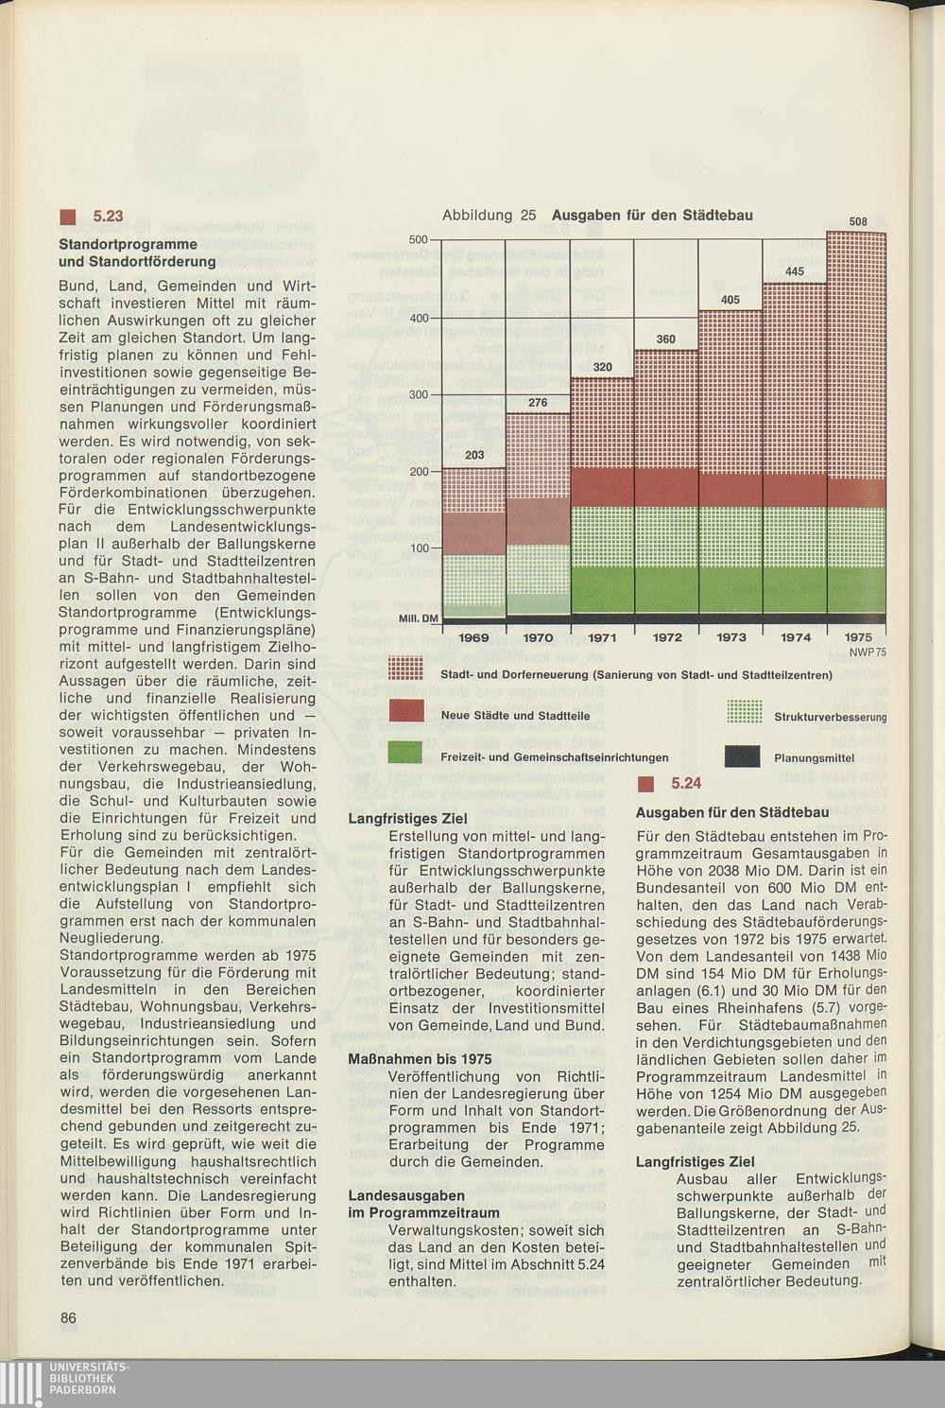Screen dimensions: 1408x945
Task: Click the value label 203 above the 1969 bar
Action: click(x=474, y=456)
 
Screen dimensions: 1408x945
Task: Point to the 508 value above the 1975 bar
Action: click(x=858, y=222)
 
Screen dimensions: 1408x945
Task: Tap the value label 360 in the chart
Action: click(x=665, y=339)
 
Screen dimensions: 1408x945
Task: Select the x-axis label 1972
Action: click(x=667, y=637)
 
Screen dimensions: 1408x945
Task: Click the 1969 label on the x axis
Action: click(x=473, y=637)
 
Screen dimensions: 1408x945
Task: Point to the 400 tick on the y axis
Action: click(x=418, y=318)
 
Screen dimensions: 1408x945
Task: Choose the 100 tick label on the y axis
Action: click(x=418, y=548)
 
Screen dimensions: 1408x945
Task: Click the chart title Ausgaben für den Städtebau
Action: click(x=652, y=216)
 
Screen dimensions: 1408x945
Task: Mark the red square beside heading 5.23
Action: click(x=66, y=217)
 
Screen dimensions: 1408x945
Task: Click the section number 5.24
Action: click(x=686, y=784)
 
